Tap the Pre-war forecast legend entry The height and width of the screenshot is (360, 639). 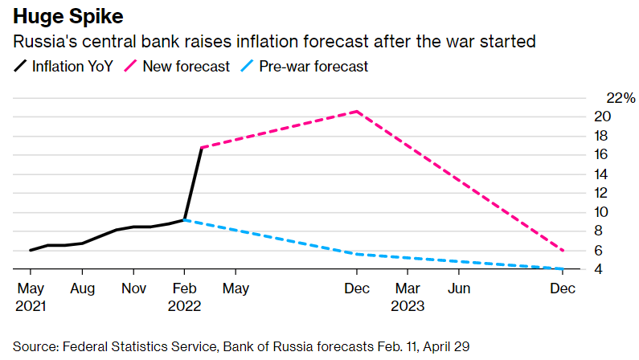tap(305, 66)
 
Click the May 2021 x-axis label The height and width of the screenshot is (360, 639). tap(31, 296)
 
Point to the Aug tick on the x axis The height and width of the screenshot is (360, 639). tap(82, 287)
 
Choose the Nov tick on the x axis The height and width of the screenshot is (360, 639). tap(133, 287)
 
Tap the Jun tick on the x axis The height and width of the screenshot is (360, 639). tap(459, 287)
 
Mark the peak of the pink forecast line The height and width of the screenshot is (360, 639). tap(357, 112)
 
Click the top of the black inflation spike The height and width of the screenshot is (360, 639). tap(201, 148)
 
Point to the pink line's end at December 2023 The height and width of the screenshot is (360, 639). tap(563, 251)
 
